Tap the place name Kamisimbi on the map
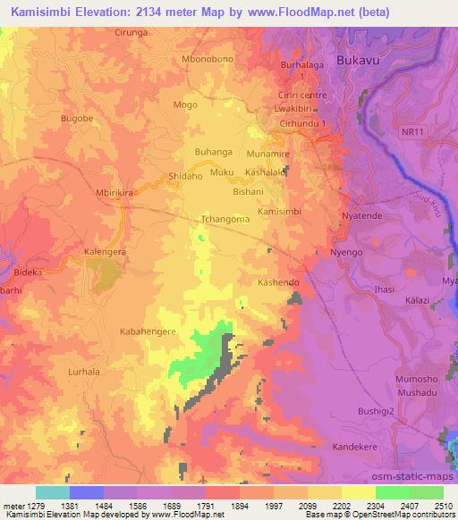[279, 212]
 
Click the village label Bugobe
[76, 117]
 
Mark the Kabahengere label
[148, 331]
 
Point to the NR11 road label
[412, 130]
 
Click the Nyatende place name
[363, 217]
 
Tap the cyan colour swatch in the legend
[53, 492]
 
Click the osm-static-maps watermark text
[419, 474]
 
